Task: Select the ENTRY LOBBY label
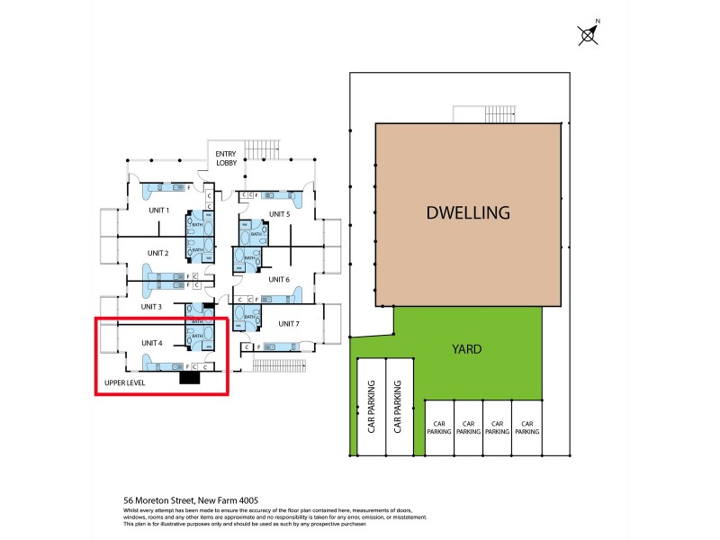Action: point(225,158)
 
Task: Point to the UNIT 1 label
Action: point(158,210)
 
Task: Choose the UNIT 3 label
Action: point(150,307)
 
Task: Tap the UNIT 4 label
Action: point(151,342)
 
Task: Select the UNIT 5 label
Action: point(279,214)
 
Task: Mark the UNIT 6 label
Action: point(279,280)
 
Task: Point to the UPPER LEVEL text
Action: point(126,382)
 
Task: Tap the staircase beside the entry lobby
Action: point(265,148)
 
